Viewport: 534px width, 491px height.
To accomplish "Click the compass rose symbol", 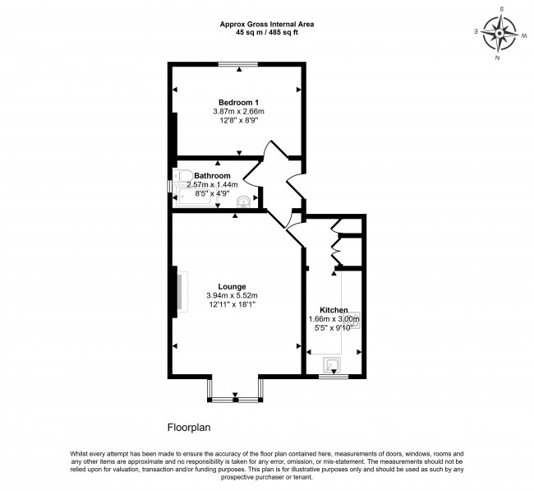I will [499, 33].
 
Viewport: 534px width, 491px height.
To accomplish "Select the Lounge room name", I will [232, 287].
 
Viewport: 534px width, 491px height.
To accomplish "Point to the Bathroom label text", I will [212, 176].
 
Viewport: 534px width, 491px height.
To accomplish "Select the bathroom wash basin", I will [243, 201].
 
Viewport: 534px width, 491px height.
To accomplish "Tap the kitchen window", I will [333, 377].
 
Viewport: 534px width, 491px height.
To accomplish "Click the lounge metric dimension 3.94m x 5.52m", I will [232, 296].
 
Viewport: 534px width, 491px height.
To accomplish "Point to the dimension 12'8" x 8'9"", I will [237, 120].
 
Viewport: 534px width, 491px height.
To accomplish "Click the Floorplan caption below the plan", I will [191, 427].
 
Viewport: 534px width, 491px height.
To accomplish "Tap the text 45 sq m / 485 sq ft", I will [266, 33].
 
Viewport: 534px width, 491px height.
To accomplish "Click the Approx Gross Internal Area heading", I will [266, 24].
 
